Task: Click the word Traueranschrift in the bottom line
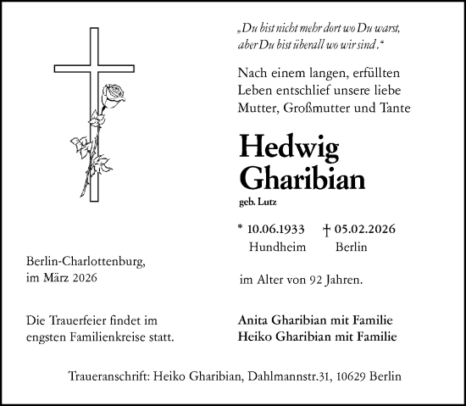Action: point(109,375)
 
